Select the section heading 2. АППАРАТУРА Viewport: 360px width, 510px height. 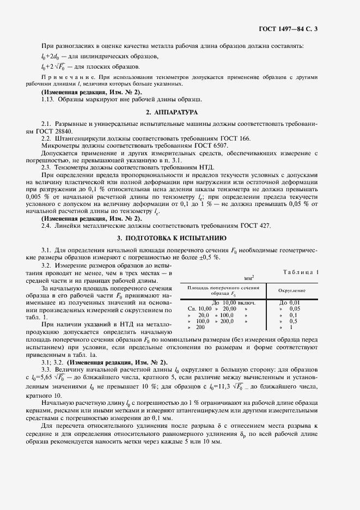[x=179, y=112]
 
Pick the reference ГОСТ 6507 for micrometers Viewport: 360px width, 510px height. [x=210, y=146]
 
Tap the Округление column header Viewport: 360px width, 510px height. [x=292, y=290]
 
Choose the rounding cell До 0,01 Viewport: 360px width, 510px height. [x=289, y=302]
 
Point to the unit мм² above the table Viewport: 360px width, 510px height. [x=250, y=278]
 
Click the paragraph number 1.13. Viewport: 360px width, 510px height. [x=47, y=99]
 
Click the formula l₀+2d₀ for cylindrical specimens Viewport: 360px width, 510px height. [x=52, y=56]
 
